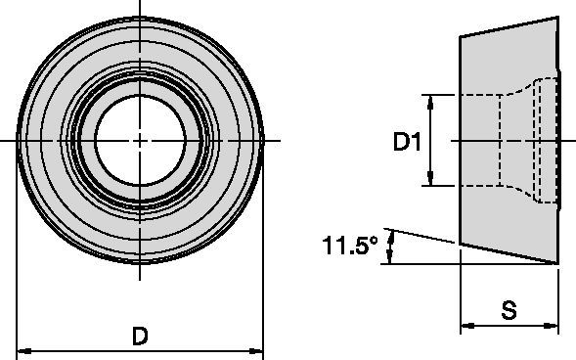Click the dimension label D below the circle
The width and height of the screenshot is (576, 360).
pos(141,337)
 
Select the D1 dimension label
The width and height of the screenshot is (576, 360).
pos(407,143)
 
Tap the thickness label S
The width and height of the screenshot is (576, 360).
pos(509,311)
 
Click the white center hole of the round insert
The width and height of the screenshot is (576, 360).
pos(141,140)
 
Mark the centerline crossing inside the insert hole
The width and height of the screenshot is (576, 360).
pos(141,141)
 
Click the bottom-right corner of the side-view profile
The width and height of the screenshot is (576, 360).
pos(558,263)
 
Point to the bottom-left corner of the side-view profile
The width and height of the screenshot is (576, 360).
pos(461,244)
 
